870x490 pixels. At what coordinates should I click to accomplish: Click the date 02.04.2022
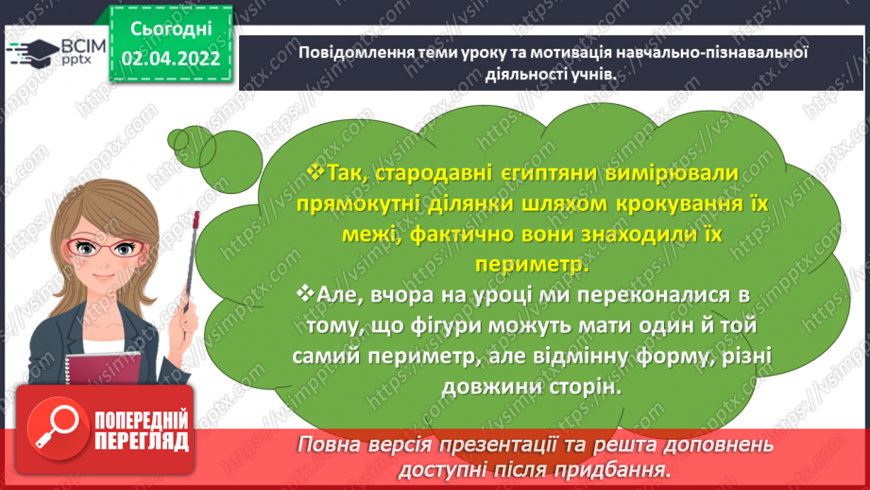click(x=171, y=60)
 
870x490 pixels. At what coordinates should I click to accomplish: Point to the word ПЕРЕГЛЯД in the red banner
click(x=142, y=442)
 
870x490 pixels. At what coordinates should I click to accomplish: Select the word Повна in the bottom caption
click(x=329, y=444)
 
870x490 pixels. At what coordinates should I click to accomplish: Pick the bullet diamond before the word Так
click(x=316, y=170)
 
